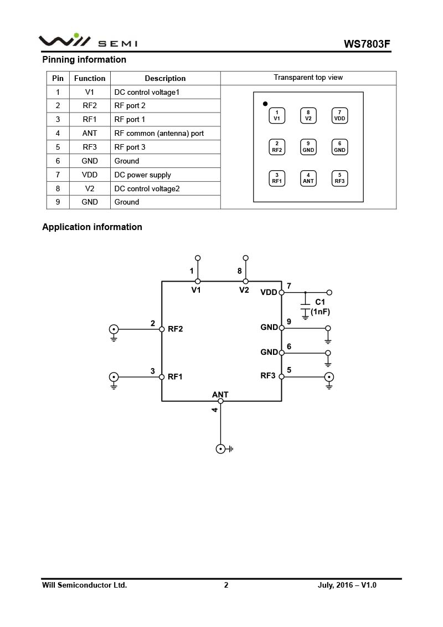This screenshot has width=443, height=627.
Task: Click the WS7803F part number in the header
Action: (367, 44)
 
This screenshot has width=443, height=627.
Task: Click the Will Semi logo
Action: (87, 40)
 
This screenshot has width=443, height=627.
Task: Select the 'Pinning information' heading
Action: (84, 59)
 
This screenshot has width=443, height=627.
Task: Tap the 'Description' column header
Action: (165, 78)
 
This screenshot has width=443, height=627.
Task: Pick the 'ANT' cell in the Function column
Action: (90, 133)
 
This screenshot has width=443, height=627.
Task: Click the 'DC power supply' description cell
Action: (143, 175)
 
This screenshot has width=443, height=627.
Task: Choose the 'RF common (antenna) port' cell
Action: (159, 133)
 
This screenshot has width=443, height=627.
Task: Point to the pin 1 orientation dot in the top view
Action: (265, 104)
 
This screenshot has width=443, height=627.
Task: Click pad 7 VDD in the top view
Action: (340, 115)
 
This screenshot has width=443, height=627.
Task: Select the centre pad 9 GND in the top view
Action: (308, 147)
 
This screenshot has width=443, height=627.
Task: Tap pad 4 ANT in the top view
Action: (308, 178)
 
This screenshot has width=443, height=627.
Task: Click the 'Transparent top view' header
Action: (308, 78)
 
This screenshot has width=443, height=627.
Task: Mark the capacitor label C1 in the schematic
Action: (320, 302)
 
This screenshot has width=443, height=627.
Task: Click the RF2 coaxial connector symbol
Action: (114, 329)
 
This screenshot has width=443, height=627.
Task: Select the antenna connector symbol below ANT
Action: (220, 449)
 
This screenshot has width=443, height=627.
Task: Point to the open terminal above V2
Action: (246, 258)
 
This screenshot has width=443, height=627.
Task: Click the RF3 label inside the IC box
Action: (268, 376)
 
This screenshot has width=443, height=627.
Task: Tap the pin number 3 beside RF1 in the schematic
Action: (153, 371)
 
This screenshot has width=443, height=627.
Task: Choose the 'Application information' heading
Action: (92, 227)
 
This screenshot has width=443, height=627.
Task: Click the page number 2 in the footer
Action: (226, 585)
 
